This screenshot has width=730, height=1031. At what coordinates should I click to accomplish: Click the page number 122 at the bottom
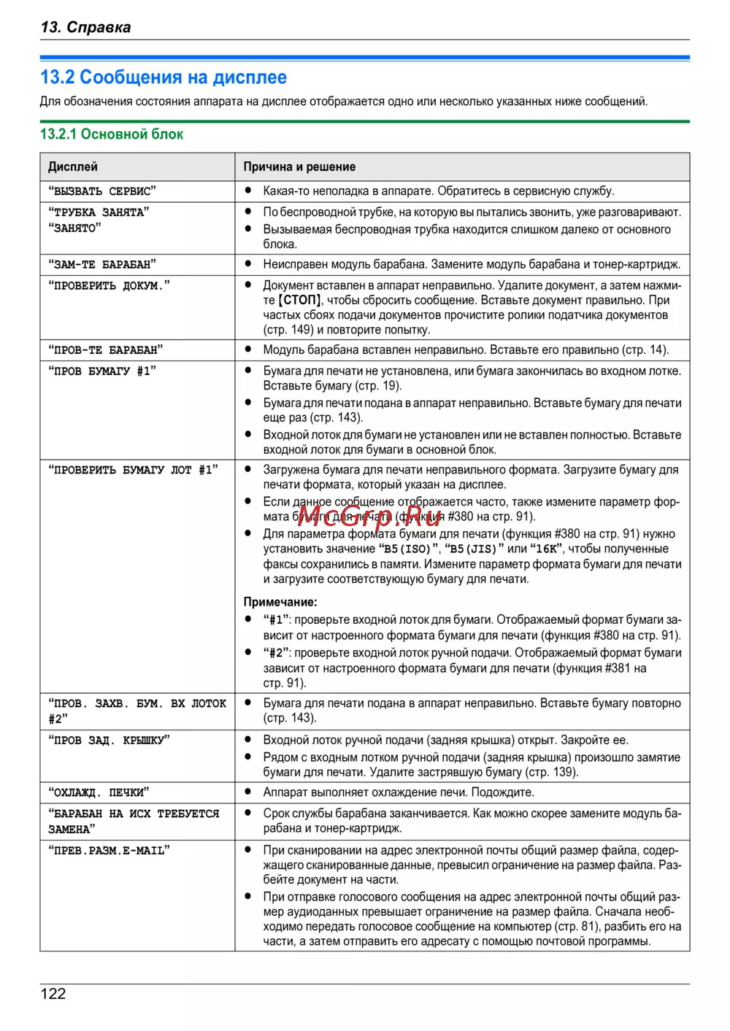point(53,993)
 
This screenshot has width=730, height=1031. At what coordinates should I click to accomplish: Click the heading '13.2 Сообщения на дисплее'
point(164,77)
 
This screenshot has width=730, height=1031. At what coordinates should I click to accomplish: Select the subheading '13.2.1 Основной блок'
point(112,134)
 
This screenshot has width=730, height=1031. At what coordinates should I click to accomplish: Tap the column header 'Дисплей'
point(73,167)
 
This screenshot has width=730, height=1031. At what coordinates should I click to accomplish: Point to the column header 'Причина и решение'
point(299,167)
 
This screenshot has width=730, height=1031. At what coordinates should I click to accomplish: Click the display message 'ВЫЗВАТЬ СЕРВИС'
point(102,191)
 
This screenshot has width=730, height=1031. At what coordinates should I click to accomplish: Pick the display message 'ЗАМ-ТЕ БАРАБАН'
point(102,264)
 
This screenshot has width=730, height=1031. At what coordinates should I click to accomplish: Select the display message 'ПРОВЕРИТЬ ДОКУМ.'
point(109,285)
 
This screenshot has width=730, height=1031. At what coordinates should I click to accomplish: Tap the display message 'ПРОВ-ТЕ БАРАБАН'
point(106,350)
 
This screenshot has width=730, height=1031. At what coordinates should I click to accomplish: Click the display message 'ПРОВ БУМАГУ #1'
point(102,371)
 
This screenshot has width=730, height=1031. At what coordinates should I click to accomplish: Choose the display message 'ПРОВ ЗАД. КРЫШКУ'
point(109,740)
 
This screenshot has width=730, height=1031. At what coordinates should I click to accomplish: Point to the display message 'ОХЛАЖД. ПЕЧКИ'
point(99,792)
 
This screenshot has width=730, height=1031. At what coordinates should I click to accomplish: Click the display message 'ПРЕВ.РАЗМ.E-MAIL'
point(109,850)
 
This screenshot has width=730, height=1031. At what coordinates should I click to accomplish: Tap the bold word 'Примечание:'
point(280,602)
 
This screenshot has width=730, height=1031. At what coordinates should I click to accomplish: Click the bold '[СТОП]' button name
point(300,301)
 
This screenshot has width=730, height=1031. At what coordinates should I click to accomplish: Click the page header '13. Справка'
point(86,28)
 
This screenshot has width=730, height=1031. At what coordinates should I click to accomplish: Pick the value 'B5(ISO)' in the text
point(409,549)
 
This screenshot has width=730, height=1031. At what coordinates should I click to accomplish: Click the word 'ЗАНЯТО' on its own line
point(74,228)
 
